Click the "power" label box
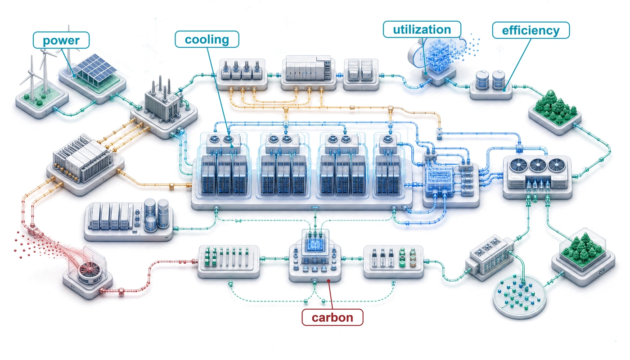61,40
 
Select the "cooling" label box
207,40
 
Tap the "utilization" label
422,29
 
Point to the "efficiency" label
531,30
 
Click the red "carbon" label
333,318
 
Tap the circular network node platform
519,297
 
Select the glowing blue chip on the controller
315,244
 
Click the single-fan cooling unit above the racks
388,143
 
